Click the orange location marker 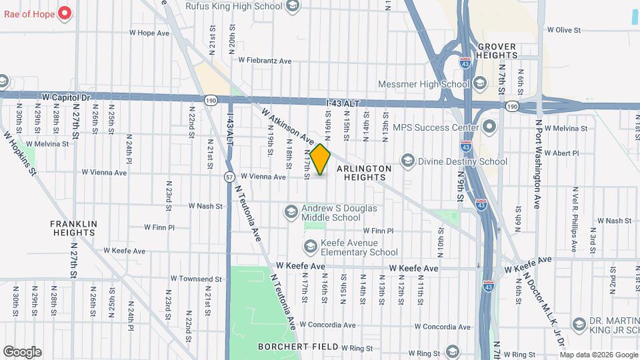tap(320, 159)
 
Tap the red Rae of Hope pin tap(65, 13)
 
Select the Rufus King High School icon tap(291, 7)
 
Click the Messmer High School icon tap(480, 84)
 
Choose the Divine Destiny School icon tap(407, 161)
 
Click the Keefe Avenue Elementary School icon tap(309, 247)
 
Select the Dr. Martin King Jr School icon tap(579, 325)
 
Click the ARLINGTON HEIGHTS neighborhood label tap(363, 173)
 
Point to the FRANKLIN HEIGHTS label tap(74, 228)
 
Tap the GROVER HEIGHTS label tap(497, 51)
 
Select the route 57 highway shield tap(229, 177)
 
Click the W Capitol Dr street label tap(65, 97)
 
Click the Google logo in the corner tap(22, 352)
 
